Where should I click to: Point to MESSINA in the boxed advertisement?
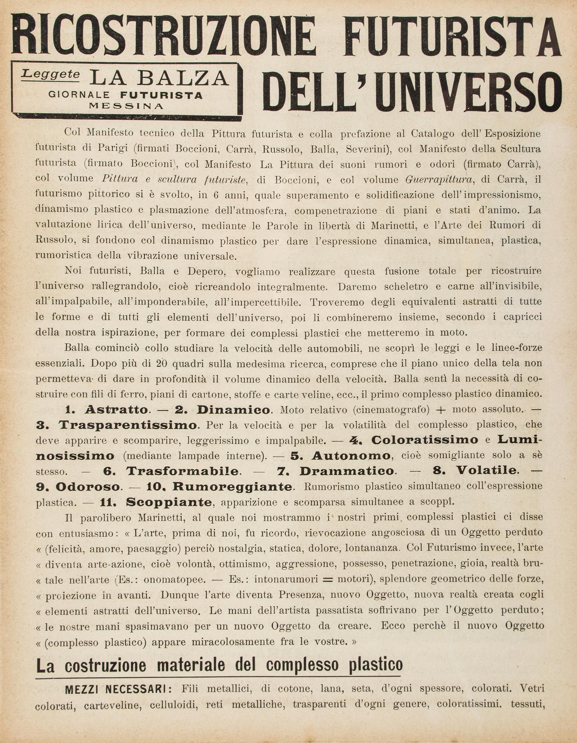[x=126, y=106]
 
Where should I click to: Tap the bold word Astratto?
[x=116, y=410]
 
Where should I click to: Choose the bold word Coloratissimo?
[x=424, y=440]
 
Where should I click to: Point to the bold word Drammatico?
[x=346, y=471]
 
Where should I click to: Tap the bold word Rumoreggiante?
[x=232, y=486]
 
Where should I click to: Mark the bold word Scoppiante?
[x=168, y=502]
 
